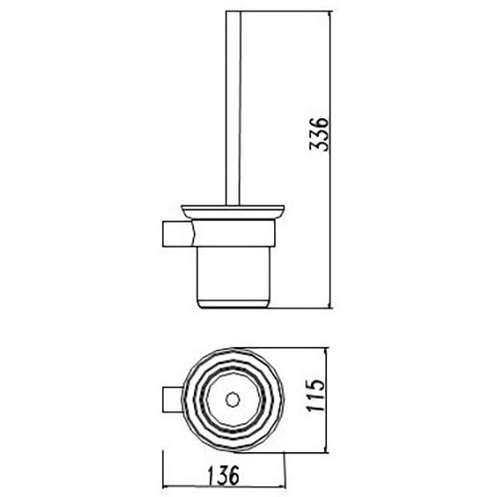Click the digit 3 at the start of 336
[x=316, y=151]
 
